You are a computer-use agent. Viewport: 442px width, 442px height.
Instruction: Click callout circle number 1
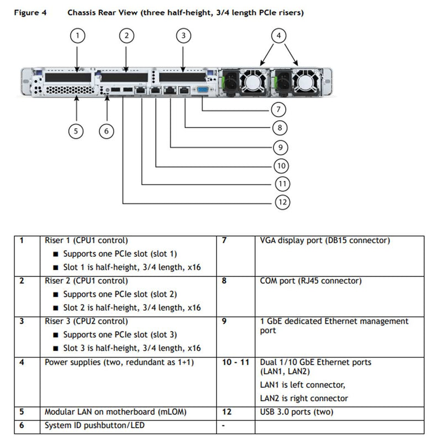tap(78, 36)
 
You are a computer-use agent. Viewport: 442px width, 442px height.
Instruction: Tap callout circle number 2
tap(127, 36)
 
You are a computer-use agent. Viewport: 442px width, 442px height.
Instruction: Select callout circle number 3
tap(183, 36)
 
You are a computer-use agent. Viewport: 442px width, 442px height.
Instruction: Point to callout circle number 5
tap(76, 131)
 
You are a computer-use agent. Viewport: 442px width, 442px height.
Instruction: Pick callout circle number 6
tap(107, 131)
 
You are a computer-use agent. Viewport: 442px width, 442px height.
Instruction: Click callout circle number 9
tap(281, 146)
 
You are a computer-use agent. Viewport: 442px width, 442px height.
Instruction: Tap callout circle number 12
tap(282, 202)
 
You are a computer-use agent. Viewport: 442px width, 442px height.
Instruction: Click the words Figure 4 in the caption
tap(28, 12)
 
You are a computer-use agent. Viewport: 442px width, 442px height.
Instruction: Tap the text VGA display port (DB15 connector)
tap(325, 241)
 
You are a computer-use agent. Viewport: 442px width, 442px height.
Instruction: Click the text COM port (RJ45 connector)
tap(311, 281)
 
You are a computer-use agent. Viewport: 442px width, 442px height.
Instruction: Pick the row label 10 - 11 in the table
tap(235, 362)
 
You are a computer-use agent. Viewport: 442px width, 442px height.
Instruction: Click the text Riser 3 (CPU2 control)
tap(86, 321)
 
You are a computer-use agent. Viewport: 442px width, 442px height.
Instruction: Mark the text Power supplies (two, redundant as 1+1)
tap(119, 362)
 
